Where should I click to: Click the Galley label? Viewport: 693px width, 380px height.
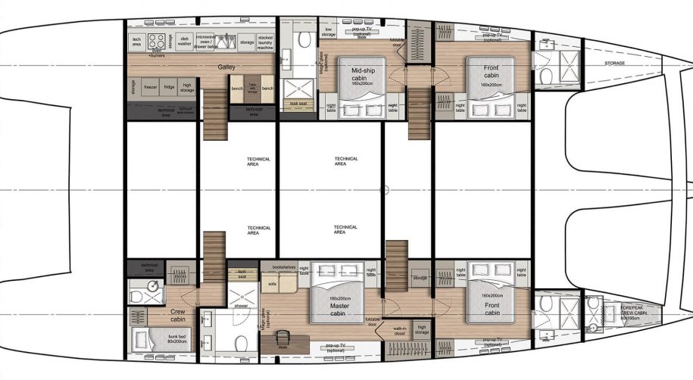226,67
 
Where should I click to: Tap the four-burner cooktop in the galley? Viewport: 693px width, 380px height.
158,41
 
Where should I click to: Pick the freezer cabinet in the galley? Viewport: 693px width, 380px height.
150,88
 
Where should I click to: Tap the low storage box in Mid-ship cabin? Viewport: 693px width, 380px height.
328,31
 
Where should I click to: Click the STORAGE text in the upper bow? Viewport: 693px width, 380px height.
615,64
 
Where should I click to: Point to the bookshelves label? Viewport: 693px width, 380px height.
283,267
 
